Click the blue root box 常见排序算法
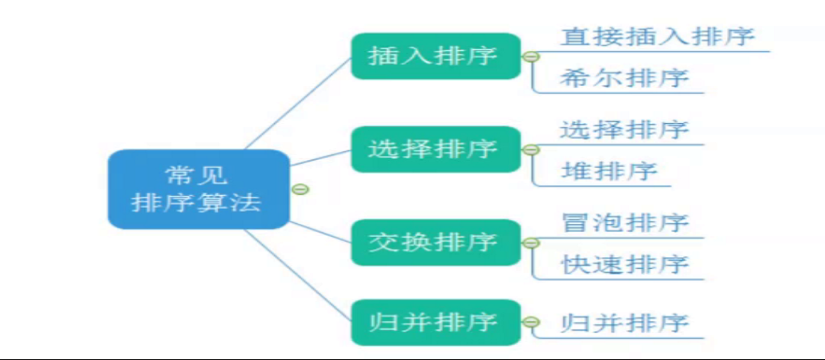tap(198, 189)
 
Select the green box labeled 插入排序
tap(435, 56)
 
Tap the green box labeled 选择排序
tap(435, 149)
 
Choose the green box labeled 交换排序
tap(435, 242)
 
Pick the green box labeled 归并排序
tap(435, 323)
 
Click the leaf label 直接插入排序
tap(657, 37)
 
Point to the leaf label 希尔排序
tap(624, 79)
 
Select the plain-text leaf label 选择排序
tap(624, 130)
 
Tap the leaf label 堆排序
tap(608, 172)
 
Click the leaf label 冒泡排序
tap(625, 223)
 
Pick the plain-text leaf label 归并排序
tap(624, 323)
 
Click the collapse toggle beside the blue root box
tap(301, 190)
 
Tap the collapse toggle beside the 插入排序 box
tap(531, 56)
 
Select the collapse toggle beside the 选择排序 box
tap(531, 149)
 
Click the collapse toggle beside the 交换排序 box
tap(531, 242)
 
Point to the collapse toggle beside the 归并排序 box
tap(531, 323)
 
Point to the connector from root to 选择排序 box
tap(320, 158)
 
